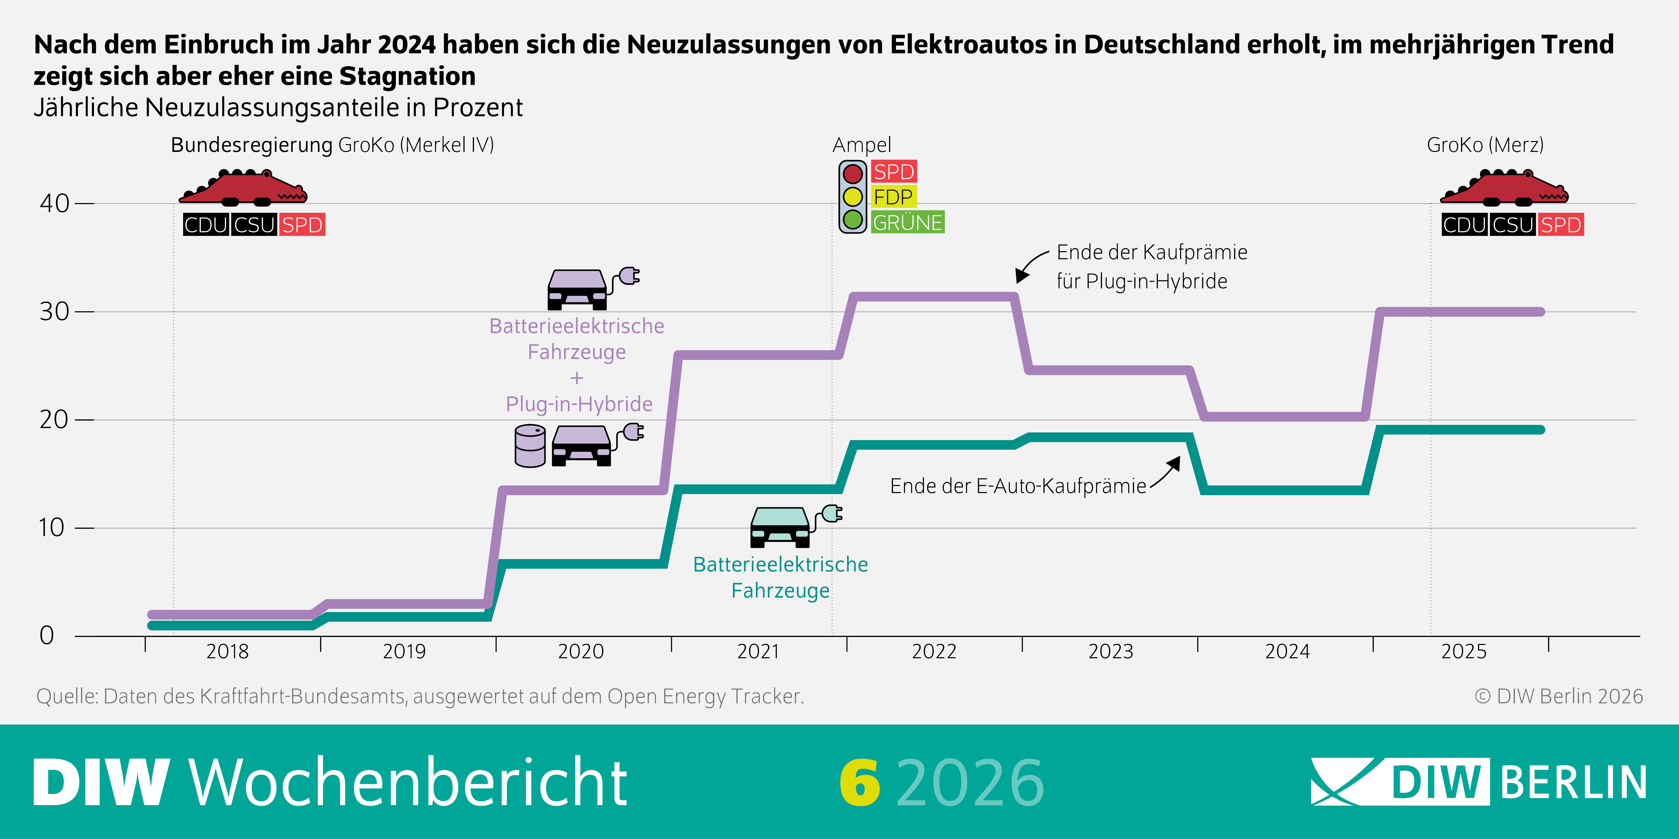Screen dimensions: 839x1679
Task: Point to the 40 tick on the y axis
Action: (55, 203)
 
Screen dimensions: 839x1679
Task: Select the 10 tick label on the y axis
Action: (52, 528)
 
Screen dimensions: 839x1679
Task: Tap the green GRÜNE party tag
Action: (907, 222)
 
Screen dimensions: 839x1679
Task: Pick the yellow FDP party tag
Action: (893, 197)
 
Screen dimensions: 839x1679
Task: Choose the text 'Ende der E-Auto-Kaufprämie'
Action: (1018, 486)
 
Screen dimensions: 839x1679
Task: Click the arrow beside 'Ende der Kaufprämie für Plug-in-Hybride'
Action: (1030, 266)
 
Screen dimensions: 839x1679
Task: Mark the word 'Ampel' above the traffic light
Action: (862, 145)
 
